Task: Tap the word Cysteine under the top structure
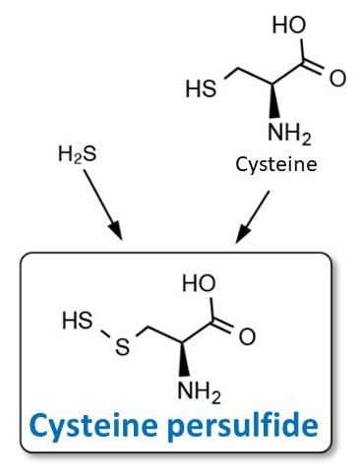[276, 164]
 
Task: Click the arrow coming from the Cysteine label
[253, 216]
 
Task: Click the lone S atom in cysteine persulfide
[123, 348]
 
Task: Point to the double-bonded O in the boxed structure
[246, 337]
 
